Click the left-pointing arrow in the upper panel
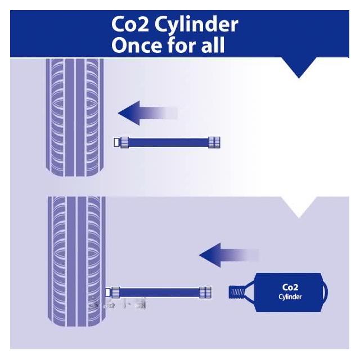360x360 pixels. (x=147, y=113)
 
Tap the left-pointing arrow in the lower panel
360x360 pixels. (x=228, y=256)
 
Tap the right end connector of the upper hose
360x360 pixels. (x=214, y=142)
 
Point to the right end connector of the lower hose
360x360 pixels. (x=206, y=292)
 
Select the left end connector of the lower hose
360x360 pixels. (x=114, y=292)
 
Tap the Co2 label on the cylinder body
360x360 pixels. (x=290, y=287)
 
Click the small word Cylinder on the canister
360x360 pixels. (x=290, y=296)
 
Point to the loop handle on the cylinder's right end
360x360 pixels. (x=324, y=292)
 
